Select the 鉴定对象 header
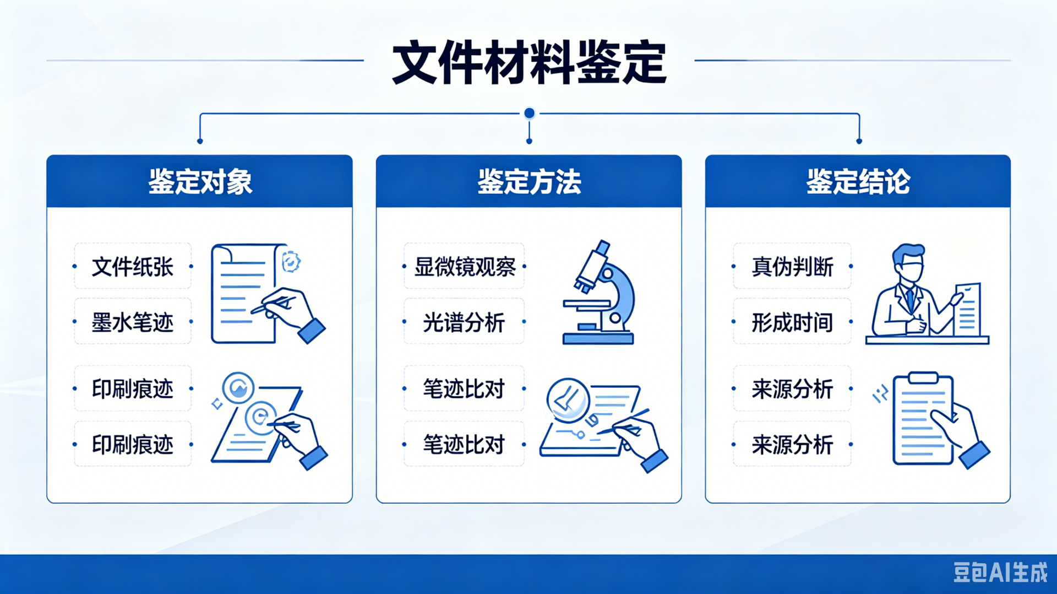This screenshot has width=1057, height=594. pos(200,181)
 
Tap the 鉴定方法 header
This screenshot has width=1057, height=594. pos(529,181)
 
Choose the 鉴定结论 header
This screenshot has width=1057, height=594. pos(858,181)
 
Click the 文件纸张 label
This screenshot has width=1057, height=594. pos(133,267)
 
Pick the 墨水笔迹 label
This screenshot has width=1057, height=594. pos(133,322)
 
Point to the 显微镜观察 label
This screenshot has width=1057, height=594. pos(465,267)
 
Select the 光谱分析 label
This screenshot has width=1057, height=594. pos(464,322)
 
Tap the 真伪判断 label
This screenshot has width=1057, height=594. pos(793,267)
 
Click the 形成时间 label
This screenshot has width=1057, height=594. pos(793,322)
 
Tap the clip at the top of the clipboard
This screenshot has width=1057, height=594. pos(923,377)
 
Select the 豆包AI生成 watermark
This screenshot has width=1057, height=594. pos(1001,573)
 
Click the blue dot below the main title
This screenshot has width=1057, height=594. pos(529,113)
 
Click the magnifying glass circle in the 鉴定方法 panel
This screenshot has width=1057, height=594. pos(568,399)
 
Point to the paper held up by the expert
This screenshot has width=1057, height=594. pos(968,309)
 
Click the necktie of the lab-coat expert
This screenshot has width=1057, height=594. pos(910,300)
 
